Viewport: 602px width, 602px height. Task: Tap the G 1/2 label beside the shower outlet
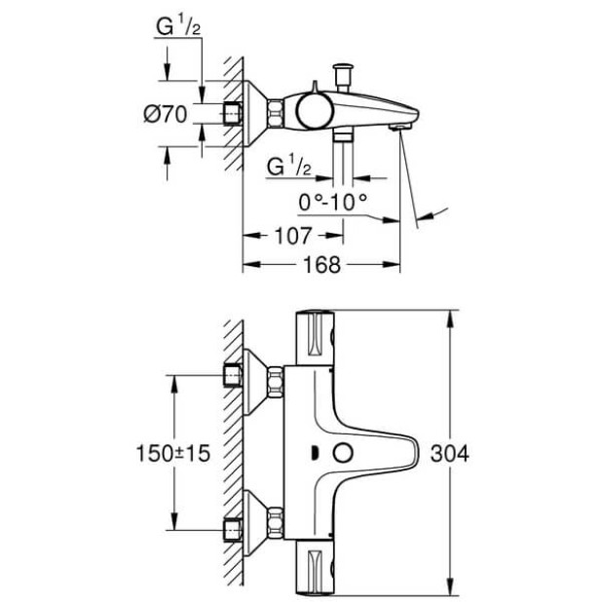(x=287, y=168)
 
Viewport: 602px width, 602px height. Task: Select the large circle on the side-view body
(x=313, y=110)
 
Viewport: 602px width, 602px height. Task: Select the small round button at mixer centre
(x=341, y=453)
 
